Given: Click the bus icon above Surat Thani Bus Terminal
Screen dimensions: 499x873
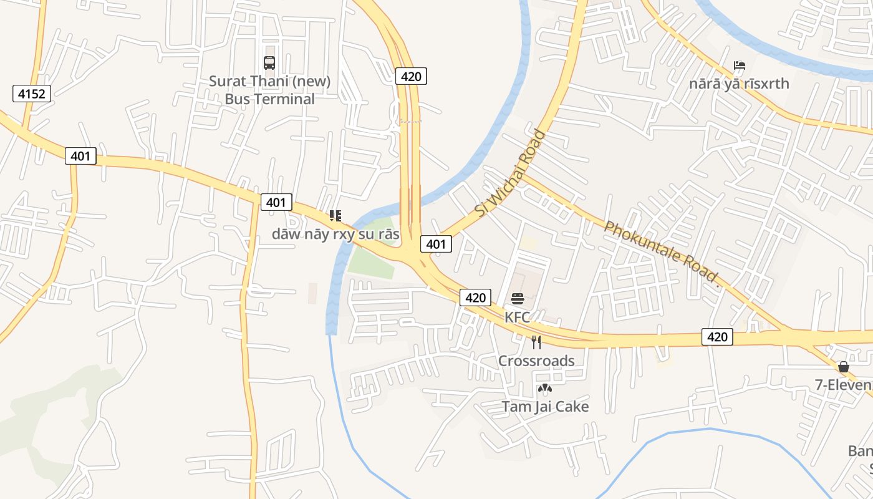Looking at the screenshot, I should coord(269,63).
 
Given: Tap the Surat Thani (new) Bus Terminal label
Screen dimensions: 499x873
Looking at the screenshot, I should coord(269,90).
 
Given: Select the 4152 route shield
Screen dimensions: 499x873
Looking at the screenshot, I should coord(32,94).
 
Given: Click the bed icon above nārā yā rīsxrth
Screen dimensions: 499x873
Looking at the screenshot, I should coord(740,65).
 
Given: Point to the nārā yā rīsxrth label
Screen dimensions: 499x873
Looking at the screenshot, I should coord(739,84).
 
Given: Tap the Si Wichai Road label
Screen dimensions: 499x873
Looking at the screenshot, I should coord(510,173).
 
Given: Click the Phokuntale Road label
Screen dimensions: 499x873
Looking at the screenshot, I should coord(662,254).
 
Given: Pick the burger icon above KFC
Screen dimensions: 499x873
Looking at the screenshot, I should coord(517,299).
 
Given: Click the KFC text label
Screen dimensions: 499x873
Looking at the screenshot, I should coord(517,317).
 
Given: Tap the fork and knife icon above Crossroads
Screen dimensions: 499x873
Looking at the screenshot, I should coord(536,342).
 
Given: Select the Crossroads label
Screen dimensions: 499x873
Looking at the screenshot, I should coord(536,361).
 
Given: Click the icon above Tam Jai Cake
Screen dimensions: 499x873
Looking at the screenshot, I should coord(544,389).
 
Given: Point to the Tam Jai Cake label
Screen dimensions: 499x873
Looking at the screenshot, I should coord(545,407).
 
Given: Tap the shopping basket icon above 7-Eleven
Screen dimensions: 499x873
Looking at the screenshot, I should coord(844,367).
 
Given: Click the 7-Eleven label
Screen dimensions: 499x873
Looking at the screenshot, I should coord(844,385).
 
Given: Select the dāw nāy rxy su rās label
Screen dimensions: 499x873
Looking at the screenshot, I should coord(335,234).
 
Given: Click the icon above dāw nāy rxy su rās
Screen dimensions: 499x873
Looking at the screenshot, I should coord(335,216).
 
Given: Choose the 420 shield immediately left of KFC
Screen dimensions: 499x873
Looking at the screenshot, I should coord(475,298).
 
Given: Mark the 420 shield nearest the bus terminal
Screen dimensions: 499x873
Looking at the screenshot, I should coord(411,77).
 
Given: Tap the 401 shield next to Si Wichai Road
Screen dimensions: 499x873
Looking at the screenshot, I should coord(436,244).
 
